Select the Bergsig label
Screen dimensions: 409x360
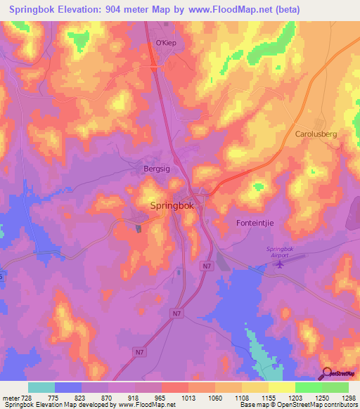pyautogui.click(x=149, y=170)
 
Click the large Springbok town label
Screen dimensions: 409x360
pyautogui.click(x=175, y=206)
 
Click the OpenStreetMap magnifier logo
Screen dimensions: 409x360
pyautogui.click(x=328, y=374)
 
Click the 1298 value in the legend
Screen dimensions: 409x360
pyautogui.click(x=338, y=397)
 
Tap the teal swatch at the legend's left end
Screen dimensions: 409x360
pyautogui.click(x=41, y=387)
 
